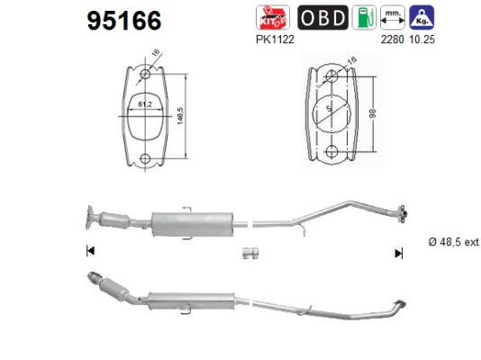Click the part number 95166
click(124, 21)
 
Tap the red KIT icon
click(273, 17)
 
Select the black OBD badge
click(322, 17)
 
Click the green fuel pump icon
click(364, 17)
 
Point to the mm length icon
click(393, 17)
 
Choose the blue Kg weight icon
click(422, 17)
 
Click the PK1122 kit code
click(275, 40)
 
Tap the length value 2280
click(392, 40)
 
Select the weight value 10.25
click(422, 40)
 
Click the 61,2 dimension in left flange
click(145, 104)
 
